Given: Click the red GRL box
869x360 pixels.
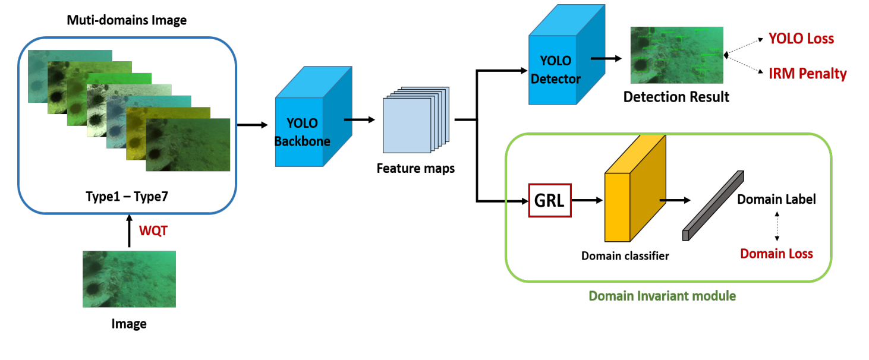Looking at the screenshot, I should (549, 200).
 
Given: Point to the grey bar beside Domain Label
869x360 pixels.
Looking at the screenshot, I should (713, 206).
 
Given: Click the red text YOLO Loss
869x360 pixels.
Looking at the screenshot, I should (801, 39).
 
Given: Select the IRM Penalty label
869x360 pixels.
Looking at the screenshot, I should (807, 74).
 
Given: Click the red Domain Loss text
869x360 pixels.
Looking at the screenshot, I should (776, 254).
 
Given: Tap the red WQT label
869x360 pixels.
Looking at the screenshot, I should (153, 231).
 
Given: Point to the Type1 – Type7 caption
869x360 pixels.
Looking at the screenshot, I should (128, 195).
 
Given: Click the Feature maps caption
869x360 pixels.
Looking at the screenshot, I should (415, 168).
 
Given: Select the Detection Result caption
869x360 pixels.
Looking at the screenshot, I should (676, 96).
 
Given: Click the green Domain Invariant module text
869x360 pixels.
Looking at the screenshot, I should (662, 295).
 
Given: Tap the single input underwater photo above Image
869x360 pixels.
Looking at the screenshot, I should (129, 279).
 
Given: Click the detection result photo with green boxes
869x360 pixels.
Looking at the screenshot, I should (676, 55).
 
